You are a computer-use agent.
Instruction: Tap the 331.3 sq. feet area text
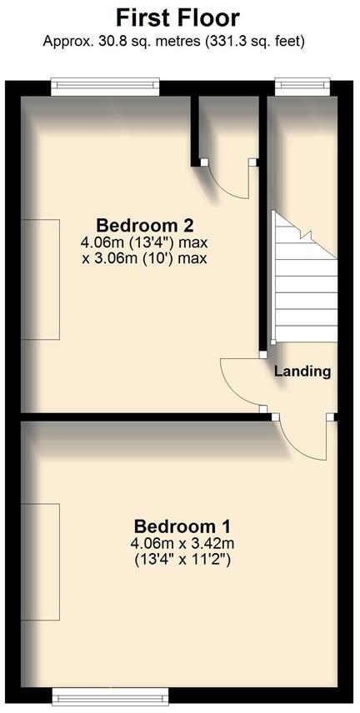click(251, 40)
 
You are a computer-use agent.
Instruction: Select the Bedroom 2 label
click(145, 225)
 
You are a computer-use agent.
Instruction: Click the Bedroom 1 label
click(182, 526)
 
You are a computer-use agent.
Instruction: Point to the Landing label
click(302, 371)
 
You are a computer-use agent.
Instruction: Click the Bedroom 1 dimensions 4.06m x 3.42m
click(182, 544)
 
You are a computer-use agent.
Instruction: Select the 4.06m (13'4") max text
click(143, 242)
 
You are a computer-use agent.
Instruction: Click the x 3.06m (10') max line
click(143, 258)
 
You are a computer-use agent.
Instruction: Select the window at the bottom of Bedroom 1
click(112, 694)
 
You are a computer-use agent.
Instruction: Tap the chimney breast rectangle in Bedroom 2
click(40, 279)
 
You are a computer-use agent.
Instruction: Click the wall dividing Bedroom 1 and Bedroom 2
click(142, 415)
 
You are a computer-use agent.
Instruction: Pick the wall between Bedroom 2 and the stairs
click(262, 225)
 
